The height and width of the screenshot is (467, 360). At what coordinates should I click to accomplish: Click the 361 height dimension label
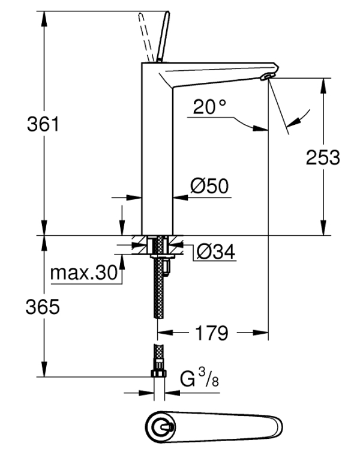pos(43,124)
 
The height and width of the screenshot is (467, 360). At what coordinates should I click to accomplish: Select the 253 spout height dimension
pos(323,157)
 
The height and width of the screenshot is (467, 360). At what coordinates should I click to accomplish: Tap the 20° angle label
pos(209,107)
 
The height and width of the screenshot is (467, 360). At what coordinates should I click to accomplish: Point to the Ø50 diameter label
pos(209,186)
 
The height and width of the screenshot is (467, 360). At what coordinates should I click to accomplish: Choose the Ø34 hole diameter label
pos(216,252)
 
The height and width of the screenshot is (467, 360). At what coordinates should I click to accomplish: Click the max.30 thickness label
pos(84,273)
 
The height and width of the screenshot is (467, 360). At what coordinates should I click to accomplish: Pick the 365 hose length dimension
pos(43,307)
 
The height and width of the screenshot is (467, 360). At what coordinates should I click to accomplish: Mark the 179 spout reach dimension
pos(212,333)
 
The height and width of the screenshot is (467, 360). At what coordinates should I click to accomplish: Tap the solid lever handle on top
pos(163,37)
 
